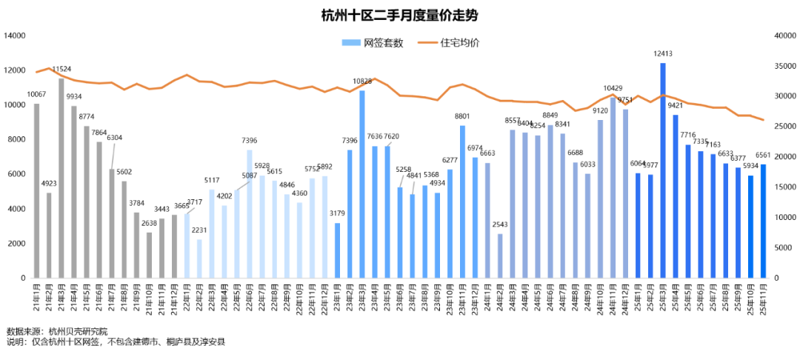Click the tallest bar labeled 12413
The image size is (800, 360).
(663, 170)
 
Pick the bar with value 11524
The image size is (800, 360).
(61, 178)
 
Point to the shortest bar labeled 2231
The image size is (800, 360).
(199, 259)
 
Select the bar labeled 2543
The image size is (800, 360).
(500, 256)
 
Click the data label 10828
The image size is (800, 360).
(362, 81)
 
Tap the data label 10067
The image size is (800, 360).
(37, 95)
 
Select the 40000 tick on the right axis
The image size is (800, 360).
(783, 36)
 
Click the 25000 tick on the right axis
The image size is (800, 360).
(783, 127)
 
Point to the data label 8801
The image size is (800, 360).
(462, 116)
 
